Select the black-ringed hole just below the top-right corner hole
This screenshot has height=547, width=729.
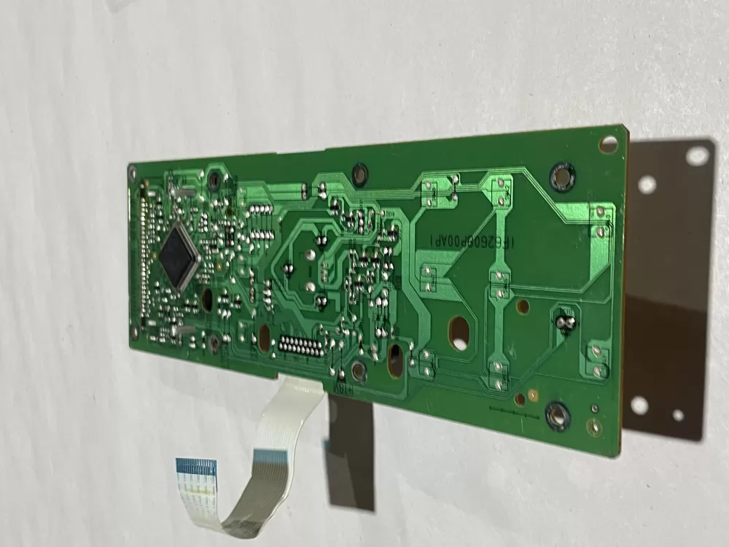click(562, 175)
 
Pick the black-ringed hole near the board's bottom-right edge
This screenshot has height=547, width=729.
click(557, 416)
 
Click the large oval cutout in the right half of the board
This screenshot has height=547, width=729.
click(458, 333)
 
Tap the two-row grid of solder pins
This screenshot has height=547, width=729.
click(300, 346)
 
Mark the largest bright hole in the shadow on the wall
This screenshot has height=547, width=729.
click(696, 155)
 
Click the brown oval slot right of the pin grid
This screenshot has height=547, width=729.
click(396, 360)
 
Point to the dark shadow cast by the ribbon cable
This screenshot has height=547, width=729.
click(350, 452)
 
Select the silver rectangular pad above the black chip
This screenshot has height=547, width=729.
click(180, 193)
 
